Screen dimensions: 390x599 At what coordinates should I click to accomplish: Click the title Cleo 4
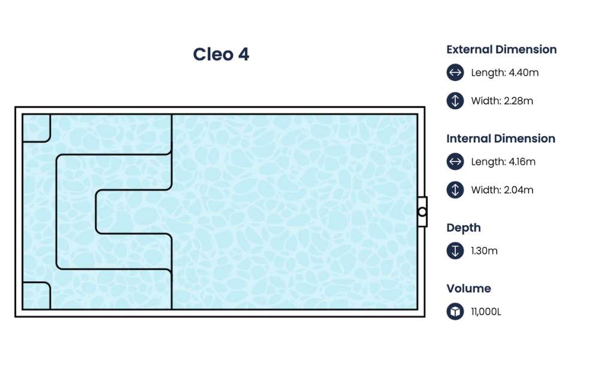(220, 55)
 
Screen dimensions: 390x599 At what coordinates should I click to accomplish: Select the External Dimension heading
(501, 50)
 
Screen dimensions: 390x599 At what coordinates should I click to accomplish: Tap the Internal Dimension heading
(501, 139)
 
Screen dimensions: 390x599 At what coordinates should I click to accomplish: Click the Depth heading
(464, 228)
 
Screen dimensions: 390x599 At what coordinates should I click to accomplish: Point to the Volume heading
(468, 289)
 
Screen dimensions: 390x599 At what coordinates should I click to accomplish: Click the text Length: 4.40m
(505, 73)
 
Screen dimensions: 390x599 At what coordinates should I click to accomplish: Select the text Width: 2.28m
(502, 101)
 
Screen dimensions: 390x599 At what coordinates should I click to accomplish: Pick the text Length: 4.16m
(503, 161)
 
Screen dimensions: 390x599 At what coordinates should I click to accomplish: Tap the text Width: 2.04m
(502, 190)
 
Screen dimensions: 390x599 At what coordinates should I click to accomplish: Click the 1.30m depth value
(484, 251)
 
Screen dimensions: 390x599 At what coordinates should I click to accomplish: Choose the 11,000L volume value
(486, 312)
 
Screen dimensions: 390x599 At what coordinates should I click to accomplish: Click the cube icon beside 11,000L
(455, 312)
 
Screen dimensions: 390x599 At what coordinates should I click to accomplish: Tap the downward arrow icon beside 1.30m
(455, 251)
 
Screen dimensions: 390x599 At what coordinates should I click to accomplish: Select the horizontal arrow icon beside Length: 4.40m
(455, 73)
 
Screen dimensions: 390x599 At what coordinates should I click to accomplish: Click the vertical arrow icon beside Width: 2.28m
(455, 101)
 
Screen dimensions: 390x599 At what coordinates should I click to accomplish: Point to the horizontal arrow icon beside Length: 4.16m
(455, 161)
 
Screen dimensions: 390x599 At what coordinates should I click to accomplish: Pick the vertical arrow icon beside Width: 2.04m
(455, 190)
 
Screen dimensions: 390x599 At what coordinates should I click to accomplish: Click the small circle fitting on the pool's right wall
(422, 212)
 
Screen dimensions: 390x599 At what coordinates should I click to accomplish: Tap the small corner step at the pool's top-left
(36, 128)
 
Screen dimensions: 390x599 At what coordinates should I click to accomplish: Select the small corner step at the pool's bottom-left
(36, 295)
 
